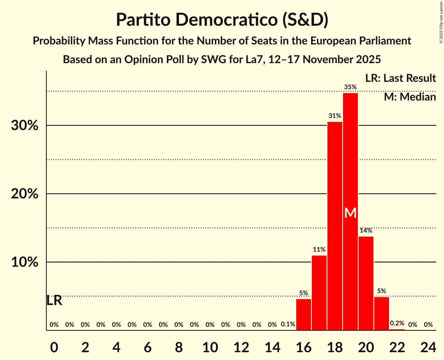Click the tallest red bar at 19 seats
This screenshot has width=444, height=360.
(x=350, y=156)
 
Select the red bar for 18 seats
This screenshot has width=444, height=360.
(x=335, y=226)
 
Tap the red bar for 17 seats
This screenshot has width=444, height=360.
(x=319, y=293)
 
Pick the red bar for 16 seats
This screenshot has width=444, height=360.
(x=304, y=314)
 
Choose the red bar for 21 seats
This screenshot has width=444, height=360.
(x=382, y=314)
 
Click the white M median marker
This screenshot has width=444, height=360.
(x=350, y=213)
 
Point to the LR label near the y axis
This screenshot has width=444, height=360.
(x=54, y=300)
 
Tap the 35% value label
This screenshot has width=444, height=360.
(x=350, y=87)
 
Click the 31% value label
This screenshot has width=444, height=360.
(x=335, y=116)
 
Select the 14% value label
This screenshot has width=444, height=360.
(x=366, y=230)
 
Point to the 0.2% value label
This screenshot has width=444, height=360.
(x=397, y=323)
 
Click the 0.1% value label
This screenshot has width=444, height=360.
(x=288, y=325)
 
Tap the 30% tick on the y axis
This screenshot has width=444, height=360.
(x=24, y=126)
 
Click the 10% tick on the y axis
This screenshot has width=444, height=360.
(x=24, y=262)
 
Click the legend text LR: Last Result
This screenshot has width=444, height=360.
(x=400, y=78)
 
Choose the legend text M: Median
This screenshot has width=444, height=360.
(x=410, y=97)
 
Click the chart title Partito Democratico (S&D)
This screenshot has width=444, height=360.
(x=222, y=19)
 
